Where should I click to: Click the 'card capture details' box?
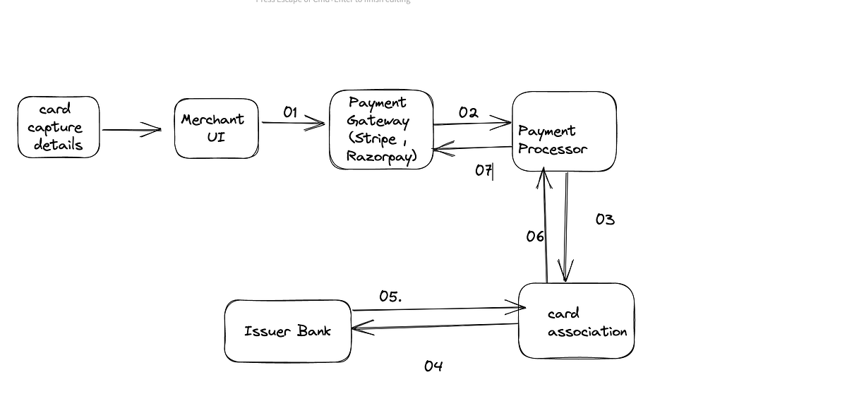coord(59,127)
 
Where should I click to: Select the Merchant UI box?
coord(216,128)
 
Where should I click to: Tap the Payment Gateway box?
coord(381,129)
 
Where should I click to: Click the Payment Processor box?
coord(564,131)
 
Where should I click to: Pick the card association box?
coord(576,321)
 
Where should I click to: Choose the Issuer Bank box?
coord(287,331)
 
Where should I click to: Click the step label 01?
coord(290,112)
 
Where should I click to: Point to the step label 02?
coord(468,112)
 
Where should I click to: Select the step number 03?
coord(605,220)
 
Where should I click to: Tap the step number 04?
coord(433,366)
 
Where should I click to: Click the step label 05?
coord(390,297)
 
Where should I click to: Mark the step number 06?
coord(535,237)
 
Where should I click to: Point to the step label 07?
coord(483,171)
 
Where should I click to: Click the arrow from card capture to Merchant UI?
coord(131,130)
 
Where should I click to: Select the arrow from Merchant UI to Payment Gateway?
coord(293,124)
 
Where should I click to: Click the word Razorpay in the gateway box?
coord(380,155)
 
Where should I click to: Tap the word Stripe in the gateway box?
coord(374,138)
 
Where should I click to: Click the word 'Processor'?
coord(553,149)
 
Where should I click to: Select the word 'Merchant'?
coord(212,119)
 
